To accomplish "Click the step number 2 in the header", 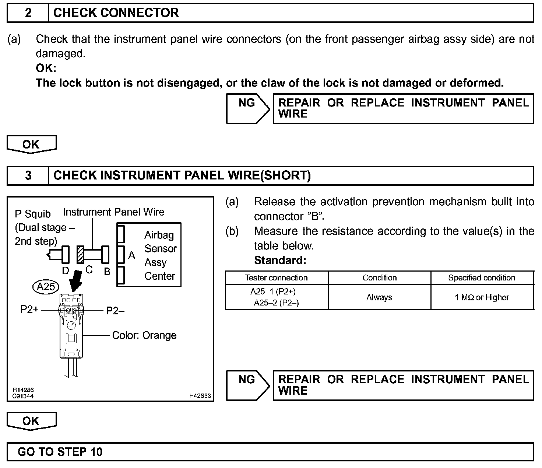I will [28, 13].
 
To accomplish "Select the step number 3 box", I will [28, 175].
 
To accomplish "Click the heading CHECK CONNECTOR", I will [116, 13].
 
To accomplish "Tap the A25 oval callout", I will [46, 286].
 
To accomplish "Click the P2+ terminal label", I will [29, 309].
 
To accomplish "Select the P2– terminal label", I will [115, 311].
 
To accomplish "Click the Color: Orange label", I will [144, 335].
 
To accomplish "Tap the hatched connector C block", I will [80, 255].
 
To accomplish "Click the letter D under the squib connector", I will [66, 271].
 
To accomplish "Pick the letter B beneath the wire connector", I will [107, 272].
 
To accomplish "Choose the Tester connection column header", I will [276, 278].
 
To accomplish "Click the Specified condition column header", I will [482, 278].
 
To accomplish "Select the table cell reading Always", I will [379, 297].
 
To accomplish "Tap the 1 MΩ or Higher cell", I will [482, 297].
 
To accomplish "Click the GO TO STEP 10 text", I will [60, 452].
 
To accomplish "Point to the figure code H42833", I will [200, 396].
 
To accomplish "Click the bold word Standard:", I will [280, 261].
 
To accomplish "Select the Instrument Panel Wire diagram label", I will [113, 212].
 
